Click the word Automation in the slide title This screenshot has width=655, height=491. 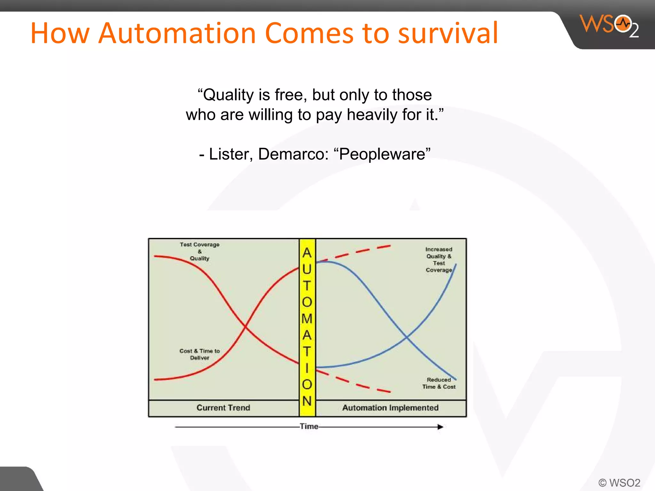(x=177, y=33)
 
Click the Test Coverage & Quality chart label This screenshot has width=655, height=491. (x=200, y=251)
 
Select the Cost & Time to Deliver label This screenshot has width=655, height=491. (x=200, y=354)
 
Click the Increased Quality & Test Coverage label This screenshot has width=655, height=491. (x=439, y=260)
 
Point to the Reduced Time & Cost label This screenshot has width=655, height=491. (x=439, y=383)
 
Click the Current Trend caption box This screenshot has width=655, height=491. (x=223, y=408)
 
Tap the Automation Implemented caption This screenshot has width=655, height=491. (x=390, y=408)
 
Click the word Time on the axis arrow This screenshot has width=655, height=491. (x=309, y=426)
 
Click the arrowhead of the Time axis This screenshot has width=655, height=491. (x=440, y=427)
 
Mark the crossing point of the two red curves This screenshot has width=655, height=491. (x=245, y=326)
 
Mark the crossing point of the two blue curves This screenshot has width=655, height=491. (x=406, y=337)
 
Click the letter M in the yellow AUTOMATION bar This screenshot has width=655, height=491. (x=307, y=319)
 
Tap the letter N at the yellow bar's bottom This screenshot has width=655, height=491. (x=307, y=401)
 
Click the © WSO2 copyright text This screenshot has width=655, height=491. (x=619, y=482)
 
